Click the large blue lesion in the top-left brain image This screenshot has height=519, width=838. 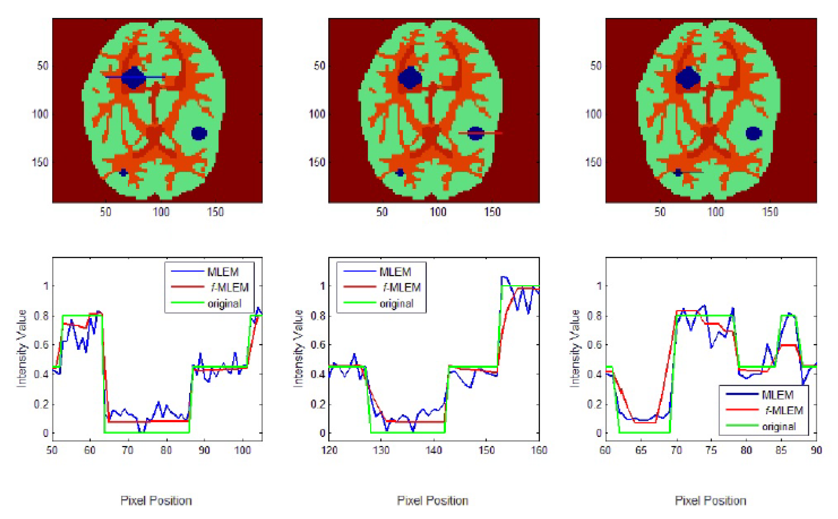[x=133, y=77]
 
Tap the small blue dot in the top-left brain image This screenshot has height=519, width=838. [x=124, y=173]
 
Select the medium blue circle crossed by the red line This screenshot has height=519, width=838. [x=475, y=133]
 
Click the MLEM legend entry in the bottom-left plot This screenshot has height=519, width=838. [x=222, y=272]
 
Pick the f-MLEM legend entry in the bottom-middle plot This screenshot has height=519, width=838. [x=402, y=288]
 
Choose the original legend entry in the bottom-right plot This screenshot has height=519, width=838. [x=779, y=426]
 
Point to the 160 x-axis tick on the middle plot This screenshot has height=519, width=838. [x=539, y=450]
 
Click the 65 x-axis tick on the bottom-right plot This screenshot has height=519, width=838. [x=641, y=450]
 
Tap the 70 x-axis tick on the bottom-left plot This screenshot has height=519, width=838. [x=128, y=450]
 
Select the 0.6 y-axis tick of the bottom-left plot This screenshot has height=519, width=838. [x=41, y=345]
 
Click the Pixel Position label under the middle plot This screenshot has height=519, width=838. [x=432, y=501]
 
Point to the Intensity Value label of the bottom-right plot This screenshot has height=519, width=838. [x=575, y=348]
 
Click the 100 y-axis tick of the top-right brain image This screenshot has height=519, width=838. [x=593, y=114]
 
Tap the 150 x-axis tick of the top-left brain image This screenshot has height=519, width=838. [x=215, y=212]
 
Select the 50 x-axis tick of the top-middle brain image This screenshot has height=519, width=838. [x=382, y=212]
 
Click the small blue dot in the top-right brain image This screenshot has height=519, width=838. [x=678, y=173]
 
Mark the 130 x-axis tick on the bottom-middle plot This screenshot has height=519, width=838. [x=381, y=450]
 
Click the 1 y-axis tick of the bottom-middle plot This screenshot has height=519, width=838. [x=322, y=286]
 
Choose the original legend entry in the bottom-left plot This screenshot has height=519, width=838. [x=224, y=303]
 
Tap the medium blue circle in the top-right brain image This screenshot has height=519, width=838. [x=753, y=133]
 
